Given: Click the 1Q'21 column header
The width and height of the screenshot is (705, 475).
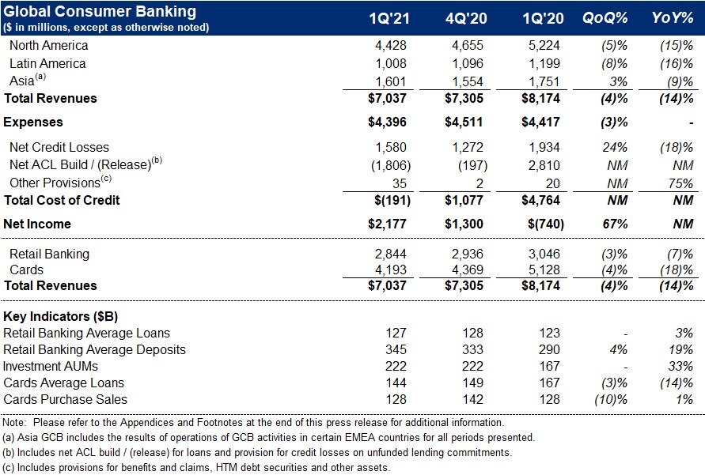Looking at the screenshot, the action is coord(389,18).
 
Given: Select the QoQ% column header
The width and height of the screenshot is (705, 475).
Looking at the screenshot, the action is coord(605,18).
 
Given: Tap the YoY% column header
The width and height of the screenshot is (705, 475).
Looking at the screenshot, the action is coord(673,18).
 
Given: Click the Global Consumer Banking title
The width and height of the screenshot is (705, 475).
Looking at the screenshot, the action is coord(100,11).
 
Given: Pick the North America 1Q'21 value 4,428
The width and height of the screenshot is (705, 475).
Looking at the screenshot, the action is coord(390,45).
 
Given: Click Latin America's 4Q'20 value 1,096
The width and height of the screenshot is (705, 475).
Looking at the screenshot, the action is coord(467,63).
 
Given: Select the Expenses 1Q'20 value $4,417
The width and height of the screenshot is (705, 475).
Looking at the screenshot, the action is coord(540,123).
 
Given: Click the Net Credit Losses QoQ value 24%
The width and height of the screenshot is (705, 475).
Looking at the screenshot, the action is coord(615,147).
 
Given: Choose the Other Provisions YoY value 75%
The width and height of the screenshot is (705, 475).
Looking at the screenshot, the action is coord(680,183).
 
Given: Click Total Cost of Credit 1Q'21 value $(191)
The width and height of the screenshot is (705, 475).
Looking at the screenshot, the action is coord(392,200).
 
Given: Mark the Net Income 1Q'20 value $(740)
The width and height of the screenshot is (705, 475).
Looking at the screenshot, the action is coord(546,224).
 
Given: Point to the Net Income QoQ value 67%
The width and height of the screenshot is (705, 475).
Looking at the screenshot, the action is coord(615,224).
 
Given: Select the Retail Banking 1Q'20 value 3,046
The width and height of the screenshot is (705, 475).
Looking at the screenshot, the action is coord(544,254).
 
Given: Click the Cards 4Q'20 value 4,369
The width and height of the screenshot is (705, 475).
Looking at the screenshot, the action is coord(467,270).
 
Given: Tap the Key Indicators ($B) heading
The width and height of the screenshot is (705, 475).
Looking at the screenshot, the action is coord(60,316).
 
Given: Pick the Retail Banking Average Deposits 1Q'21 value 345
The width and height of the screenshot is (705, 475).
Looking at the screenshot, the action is coord(396,349).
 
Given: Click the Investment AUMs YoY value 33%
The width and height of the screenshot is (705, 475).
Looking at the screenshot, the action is coord(680,366).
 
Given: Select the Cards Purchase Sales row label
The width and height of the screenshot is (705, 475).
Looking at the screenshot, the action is coord(65,399).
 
